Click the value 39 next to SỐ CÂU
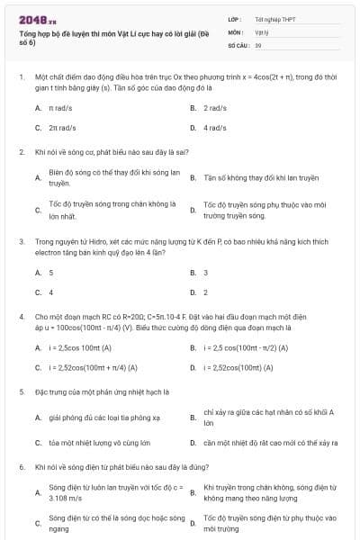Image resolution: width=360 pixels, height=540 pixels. tap(258, 44)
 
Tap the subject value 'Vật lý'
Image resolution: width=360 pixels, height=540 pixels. tap(262, 31)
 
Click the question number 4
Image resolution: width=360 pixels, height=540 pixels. tap(21, 317)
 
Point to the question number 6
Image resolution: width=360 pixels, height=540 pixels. tap(21, 468)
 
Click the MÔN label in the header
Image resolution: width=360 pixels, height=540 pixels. tap(236, 31)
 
